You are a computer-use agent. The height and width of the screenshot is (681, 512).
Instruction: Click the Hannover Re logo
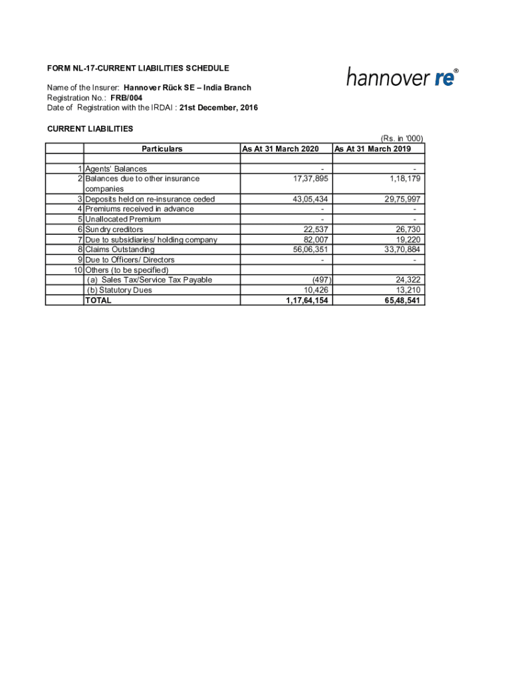[402, 78]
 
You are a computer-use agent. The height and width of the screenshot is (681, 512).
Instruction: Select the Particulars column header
[162, 149]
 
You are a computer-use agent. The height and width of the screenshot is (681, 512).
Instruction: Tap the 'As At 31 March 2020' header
[281, 149]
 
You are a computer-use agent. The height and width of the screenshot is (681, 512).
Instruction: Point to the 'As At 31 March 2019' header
[372, 149]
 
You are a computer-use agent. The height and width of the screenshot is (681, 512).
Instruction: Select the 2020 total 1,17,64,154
[303, 301]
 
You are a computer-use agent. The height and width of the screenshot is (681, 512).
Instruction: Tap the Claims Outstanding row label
[120, 250]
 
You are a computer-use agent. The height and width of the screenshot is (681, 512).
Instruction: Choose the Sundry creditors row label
[114, 229]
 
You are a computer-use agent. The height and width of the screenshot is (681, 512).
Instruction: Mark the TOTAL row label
[99, 301]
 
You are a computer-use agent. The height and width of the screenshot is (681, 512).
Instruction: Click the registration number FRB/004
[126, 98]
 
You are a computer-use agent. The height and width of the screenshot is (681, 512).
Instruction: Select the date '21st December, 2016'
[219, 108]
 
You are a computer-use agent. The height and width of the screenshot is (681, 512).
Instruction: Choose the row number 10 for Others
[78, 270]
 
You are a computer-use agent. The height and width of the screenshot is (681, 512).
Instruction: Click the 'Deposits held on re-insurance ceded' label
[150, 200]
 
